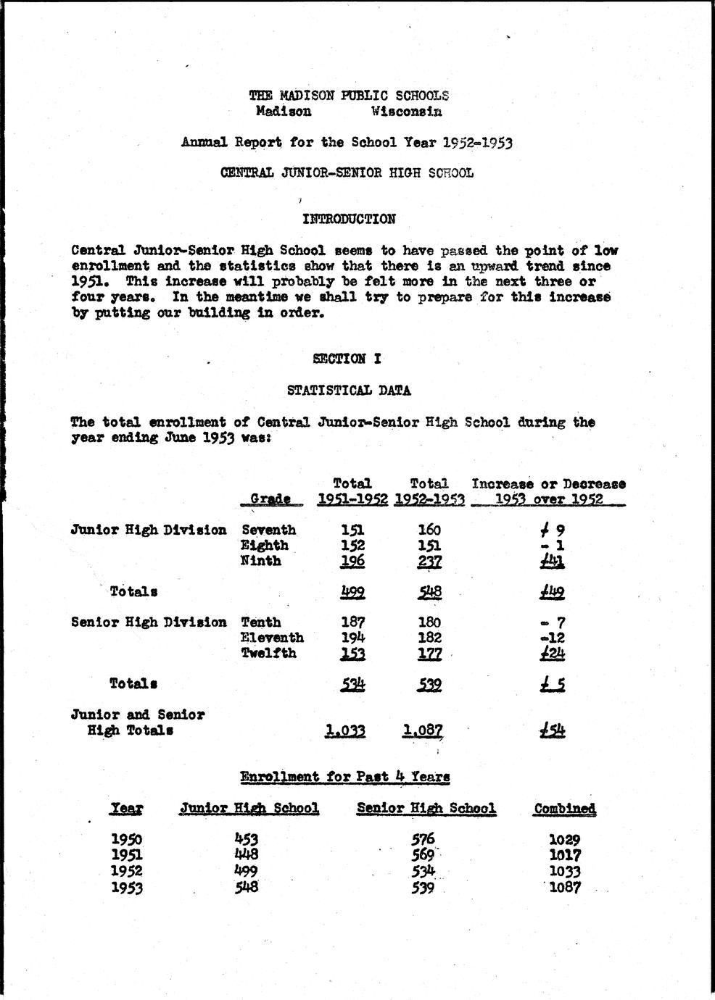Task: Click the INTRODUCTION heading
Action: click(x=349, y=219)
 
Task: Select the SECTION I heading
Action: click(x=347, y=359)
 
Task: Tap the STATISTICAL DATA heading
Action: click(x=349, y=391)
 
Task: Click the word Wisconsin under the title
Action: click(x=405, y=112)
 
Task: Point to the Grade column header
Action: click(x=270, y=499)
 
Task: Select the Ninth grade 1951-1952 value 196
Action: click(x=352, y=562)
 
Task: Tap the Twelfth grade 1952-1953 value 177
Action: click(x=429, y=654)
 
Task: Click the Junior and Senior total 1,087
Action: click(x=422, y=731)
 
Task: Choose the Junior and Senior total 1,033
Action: click(x=345, y=731)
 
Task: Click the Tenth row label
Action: click(x=261, y=622)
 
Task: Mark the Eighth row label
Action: click(x=265, y=546)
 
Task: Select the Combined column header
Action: click(x=564, y=809)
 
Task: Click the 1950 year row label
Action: click(x=127, y=840)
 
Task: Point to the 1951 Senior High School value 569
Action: click(x=423, y=855)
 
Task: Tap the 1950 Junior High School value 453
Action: click(x=247, y=840)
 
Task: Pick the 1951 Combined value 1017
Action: click(x=564, y=856)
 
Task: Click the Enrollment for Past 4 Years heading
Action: click(x=345, y=778)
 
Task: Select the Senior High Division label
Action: click(x=149, y=622)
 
